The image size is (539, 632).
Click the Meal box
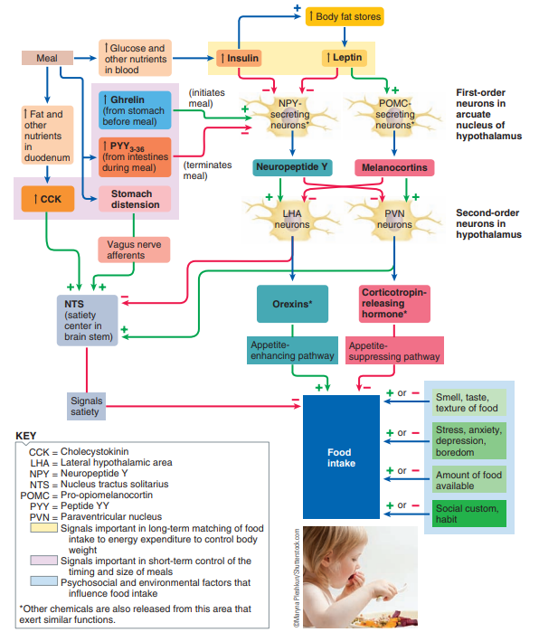pos(47,58)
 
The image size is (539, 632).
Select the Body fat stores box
pos(345,16)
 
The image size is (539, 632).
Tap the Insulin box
pos(239,58)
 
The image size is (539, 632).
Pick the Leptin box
pos(344,58)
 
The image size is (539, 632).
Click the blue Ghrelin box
pos(135,110)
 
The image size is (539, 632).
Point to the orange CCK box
pos(48,199)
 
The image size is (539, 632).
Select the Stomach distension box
pos(135,199)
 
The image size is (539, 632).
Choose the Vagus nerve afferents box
pos(134,250)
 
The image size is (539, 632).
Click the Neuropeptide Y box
pos(292,167)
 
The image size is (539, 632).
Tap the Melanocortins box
pos(394,167)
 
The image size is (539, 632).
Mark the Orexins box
pos(292,304)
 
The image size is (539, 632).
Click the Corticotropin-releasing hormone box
pos(394,304)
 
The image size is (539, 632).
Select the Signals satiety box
pos(86,406)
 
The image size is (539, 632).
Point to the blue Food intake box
pos(341,457)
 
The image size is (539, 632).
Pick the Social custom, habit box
pos(468,514)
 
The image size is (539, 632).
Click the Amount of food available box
pos(468,479)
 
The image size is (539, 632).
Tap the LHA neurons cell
pos(292,219)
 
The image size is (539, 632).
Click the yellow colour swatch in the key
pos(44,528)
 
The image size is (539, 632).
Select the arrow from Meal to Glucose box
pos(85,58)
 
